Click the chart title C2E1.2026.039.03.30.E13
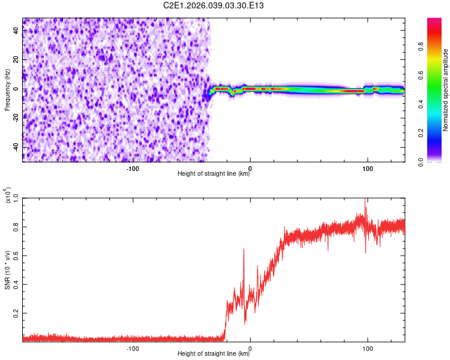(214, 6)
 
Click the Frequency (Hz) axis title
(8, 89)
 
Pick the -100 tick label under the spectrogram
(133, 168)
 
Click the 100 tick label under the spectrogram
(367, 168)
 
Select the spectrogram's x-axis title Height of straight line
(214, 174)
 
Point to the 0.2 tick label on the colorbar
(439, 133)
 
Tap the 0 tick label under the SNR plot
(250, 348)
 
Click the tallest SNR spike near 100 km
(365, 200)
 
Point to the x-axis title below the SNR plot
(214, 354)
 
